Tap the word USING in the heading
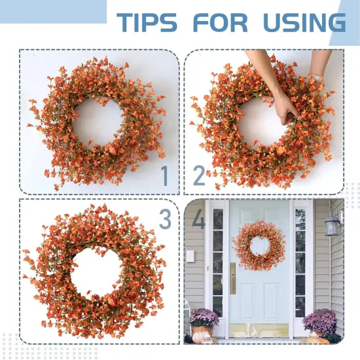[x=303, y=22]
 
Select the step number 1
[x=165, y=175]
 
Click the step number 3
[x=165, y=219]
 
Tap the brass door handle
[x=233, y=278]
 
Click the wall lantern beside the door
[x=333, y=226]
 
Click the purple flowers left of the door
[x=204, y=319]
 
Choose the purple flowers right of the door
[x=320, y=321]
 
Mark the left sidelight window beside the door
[x=217, y=262]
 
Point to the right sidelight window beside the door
[x=300, y=262]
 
